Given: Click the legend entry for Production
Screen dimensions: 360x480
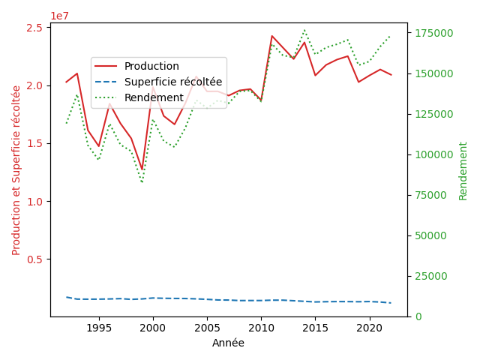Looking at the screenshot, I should (151, 66).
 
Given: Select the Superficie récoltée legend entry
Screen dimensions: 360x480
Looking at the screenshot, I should (172, 82).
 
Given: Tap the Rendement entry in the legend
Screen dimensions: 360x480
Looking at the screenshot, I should (154, 97).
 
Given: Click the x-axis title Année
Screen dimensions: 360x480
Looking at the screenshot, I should (228, 343).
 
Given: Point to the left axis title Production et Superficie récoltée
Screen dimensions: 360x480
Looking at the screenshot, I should (16, 169).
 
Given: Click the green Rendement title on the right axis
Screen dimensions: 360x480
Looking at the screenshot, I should (463, 170).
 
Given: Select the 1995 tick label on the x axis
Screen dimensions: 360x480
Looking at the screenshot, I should (98, 328).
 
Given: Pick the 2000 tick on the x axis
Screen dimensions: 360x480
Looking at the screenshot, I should (153, 328).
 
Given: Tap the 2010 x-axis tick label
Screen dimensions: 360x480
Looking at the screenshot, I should (261, 328).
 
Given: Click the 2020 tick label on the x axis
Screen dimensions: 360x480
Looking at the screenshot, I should (369, 328).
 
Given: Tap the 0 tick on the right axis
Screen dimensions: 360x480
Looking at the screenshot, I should (416, 316).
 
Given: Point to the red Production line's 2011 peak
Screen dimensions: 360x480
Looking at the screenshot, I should (272, 35).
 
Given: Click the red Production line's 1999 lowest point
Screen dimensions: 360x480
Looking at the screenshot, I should (142, 170).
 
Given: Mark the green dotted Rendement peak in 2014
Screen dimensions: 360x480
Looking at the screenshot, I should (304, 30).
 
